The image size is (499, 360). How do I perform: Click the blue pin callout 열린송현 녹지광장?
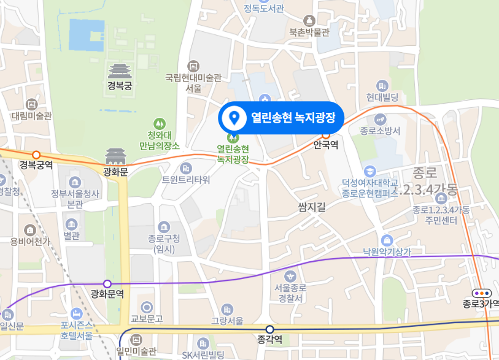pos(282,117)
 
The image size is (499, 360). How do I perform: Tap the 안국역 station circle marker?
pos(326,136)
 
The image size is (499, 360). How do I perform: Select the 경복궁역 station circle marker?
pos(36,155)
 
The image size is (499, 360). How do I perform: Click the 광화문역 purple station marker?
pos(107,283)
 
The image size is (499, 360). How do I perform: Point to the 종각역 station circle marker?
pos(269,329)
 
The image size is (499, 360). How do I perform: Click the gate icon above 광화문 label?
pos(115,157)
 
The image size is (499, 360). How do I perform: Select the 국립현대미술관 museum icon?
pos(193,66)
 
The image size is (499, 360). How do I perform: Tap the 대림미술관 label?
pos(31,116)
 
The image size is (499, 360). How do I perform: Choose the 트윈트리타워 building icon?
pos(185,167)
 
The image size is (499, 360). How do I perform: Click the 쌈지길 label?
pos(312,207)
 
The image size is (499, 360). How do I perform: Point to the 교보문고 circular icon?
pos(147,307)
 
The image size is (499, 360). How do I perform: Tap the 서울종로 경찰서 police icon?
pos(290,275)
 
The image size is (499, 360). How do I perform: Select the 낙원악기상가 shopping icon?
pos(387,239)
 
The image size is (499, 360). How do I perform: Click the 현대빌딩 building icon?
pos(383,85)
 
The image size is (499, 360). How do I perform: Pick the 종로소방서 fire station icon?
pos(380,119)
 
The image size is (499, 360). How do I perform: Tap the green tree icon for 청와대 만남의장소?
pos(160,123)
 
